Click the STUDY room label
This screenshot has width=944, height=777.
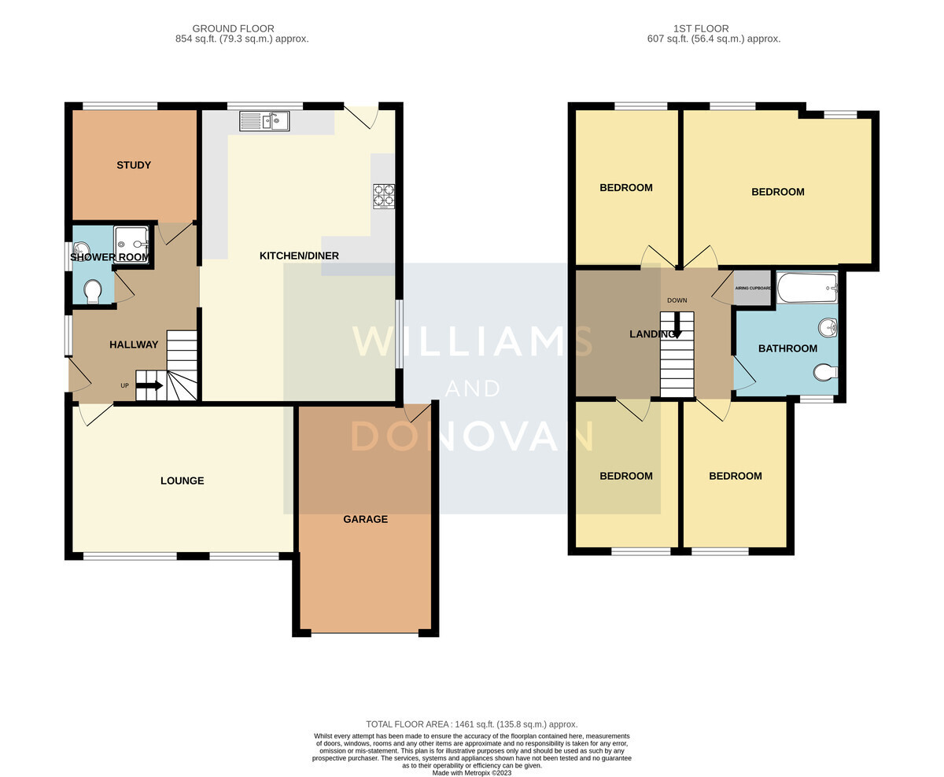134,165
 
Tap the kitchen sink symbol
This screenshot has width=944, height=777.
264,121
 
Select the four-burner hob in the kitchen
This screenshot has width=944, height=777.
384,197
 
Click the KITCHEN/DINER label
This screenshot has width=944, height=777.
299,256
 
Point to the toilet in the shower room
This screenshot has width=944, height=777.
93,291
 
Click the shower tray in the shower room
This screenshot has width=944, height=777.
131,245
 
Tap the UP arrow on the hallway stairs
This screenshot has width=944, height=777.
149,385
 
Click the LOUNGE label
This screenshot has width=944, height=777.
183,481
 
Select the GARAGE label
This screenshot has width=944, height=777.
365,519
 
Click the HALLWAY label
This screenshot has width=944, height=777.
134,344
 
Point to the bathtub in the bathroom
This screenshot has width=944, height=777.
807,288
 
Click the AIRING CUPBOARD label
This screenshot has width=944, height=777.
753,289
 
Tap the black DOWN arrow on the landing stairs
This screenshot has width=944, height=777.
677,325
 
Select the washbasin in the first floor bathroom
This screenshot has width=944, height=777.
828,328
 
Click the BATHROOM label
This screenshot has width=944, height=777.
787,348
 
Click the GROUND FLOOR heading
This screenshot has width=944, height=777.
233,28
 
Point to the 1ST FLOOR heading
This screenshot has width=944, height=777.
701,28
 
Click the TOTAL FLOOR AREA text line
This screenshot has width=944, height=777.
472,724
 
